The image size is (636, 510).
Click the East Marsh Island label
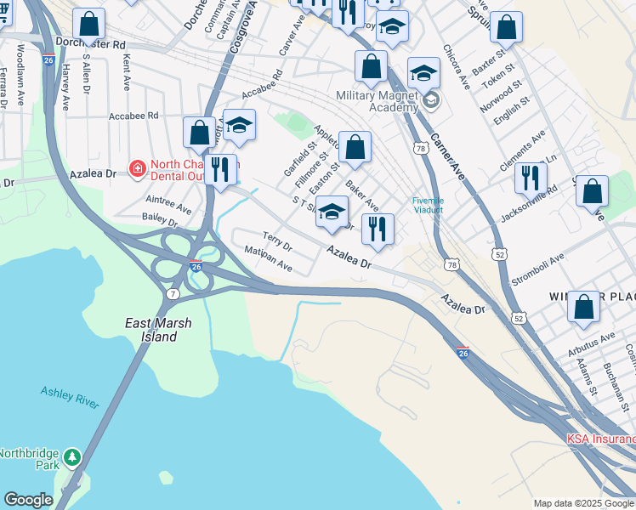point(157,330)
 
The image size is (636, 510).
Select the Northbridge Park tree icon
point(72,457)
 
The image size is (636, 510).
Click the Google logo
point(28,500)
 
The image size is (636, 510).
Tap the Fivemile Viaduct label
point(429,205)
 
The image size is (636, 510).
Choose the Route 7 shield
point(173,293)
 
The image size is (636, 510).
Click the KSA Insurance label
point(600,439)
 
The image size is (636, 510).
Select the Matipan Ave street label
point(268,259)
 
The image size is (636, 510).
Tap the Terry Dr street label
point(277,242)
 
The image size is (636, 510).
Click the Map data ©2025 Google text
point(582,503)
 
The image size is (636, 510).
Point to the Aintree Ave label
point(167,202)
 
